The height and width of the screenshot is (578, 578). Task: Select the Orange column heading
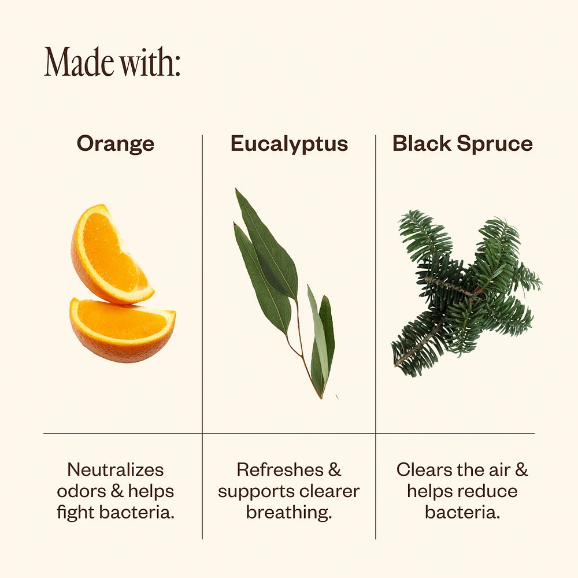pyautogui.click(x=116, y=144)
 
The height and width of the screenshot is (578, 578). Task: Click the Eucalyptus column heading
pyautogui.click(x=290, y=144)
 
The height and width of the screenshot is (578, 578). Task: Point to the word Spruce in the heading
pyautogui.click(x=495, y=144)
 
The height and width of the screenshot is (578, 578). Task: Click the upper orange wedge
pyautogui.click(x=110, y=254)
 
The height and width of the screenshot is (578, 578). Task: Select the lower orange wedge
pyautogui.click(x=123, y=330)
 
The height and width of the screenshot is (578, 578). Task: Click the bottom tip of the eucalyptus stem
pyautogui.click(x=321, y=398)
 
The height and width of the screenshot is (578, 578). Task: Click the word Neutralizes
pyautogui.click(x=116, y=469)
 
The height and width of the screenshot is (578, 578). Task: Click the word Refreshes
pyautogui.click(x=280, y=469)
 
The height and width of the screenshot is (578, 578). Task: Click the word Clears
pyautogui.click(x=424, y=469)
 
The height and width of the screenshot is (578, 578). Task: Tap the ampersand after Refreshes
pyautogui.click(x=334, y=469)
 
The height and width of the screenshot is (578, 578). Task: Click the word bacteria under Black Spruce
pyautogui.click(x=462, y=512)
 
